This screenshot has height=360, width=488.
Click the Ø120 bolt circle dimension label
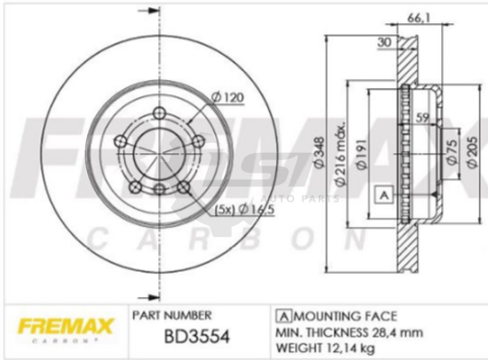pyautogui.click(x=227, y=98)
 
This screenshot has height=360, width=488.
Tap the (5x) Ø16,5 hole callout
pyautogui.click(x=245, y=210)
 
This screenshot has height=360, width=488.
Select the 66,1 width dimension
pyautogui.click(x=418, y=19)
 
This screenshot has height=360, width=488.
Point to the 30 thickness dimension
pyautogui.click(x=385, y=42)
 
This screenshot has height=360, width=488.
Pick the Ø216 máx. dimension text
pyautogui.click(x=341, y=154)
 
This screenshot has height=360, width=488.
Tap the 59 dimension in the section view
pyautogui.click(x=422, y=118)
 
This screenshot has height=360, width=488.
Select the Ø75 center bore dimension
pyautogui.click(x=452, y=151)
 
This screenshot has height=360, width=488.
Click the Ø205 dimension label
pyautogui.click(x=472, y=152)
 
